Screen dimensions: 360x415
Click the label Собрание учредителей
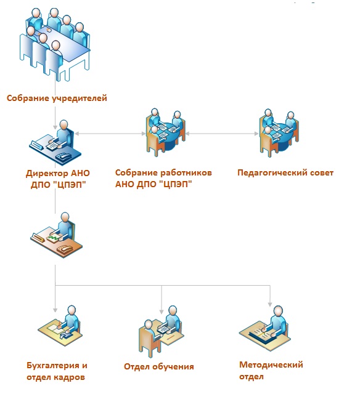[x=57, y=98]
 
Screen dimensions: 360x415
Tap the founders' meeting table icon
[x=55, y=44]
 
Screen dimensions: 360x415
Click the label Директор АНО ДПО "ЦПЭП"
[x=58, y=179]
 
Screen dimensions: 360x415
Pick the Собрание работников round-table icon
[x=165, y=132]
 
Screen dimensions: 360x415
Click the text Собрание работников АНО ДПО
[x=163, y=178]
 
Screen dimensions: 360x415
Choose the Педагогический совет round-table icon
[x=279, y=132]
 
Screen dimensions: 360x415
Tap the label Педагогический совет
[x=285, y=172]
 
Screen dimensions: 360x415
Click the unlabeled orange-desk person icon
[x=57, y=235]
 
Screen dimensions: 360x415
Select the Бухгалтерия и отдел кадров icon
[x=60, y=326]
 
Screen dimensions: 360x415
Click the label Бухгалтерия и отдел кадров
[x=57, y=371]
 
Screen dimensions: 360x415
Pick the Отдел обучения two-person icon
[x=161, y=331]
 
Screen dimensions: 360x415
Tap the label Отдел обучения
[x=159, y=366]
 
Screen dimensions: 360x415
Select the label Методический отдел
[x=271, y=371]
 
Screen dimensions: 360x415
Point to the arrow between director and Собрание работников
[x=110, y=134]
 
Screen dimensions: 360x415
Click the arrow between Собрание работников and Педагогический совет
[x=222, y=134]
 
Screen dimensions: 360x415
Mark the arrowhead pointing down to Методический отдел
[x=270, y=304]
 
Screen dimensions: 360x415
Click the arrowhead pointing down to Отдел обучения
[x=162, y=312]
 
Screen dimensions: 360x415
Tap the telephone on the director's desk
[x=63, y=157]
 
